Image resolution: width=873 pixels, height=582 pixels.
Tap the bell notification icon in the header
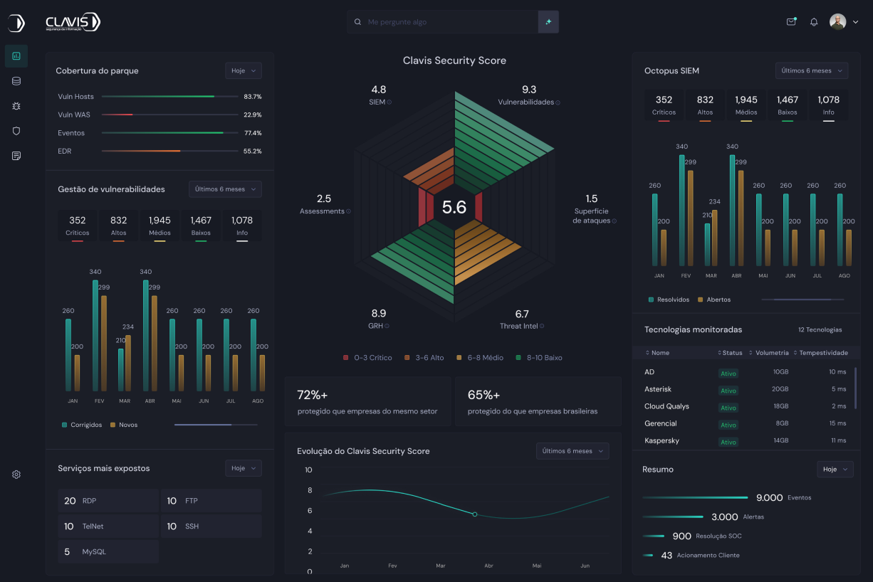(814, 22)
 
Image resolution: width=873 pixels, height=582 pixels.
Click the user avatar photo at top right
(837, 22)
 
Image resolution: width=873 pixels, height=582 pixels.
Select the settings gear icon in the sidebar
(16, 475)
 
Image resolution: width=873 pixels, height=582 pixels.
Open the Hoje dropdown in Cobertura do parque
(244, 70)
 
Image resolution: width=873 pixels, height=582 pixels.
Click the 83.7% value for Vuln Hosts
(253, 96)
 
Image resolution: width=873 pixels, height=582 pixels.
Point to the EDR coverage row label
(65, 151)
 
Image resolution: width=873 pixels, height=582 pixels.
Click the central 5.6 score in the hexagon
(454, 207)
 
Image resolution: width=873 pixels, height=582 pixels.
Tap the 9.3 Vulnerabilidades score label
(529, 90)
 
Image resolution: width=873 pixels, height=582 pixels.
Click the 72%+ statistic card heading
(312, 395)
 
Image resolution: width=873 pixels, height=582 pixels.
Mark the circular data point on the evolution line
(475, 514)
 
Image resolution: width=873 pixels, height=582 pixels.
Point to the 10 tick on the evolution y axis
(308, 470)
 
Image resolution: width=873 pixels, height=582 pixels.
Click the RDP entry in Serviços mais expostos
(89, 501)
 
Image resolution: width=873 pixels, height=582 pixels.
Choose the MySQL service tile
(94, 551)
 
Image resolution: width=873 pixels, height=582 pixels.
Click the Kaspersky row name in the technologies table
(662, 440)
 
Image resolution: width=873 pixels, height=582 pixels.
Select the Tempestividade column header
(822, 353)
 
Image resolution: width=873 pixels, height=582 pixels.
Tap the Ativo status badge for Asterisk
(728, 391)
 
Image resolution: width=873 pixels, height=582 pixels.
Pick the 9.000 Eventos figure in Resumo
(769, 498)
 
